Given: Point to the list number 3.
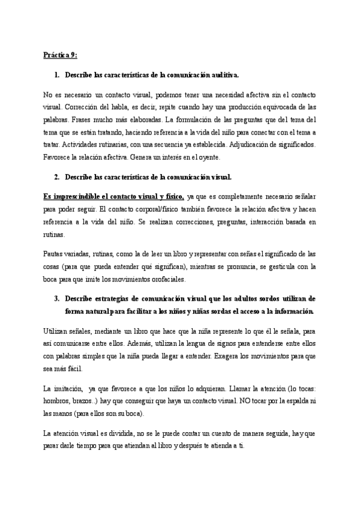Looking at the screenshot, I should pos(57,298).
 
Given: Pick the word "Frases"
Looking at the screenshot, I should pos(78,120).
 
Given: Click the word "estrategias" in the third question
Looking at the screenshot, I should pos(118,298).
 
